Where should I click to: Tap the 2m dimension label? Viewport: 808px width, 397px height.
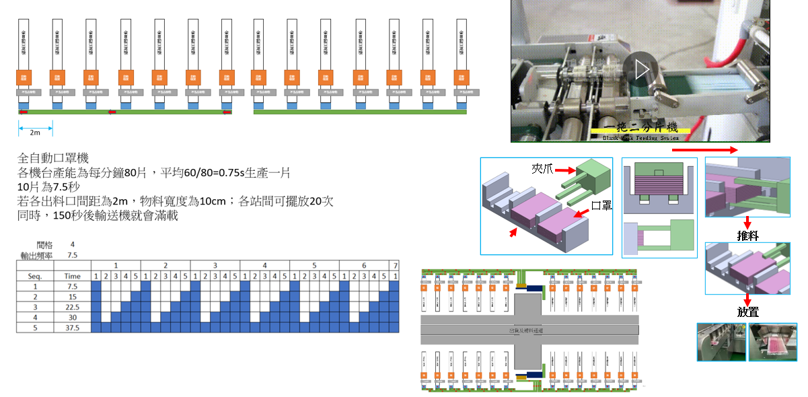(35, 133)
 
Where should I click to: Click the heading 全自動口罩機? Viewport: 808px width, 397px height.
(53, 159)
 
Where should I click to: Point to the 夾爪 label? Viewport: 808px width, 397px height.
(542, 169)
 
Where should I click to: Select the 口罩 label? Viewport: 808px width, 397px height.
(600, 205)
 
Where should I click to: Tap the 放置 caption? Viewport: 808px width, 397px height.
(747, 312)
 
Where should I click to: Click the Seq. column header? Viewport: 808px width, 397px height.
(35, 276)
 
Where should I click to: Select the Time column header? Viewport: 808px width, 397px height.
(72, 276)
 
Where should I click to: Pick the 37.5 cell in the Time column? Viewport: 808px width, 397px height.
(72, 328)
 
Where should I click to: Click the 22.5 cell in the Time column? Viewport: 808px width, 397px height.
(72, 307)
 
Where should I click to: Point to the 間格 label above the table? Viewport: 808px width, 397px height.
(44, 245)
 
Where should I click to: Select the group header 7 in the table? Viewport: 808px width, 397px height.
(396, 265)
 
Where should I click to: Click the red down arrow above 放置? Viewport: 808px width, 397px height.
(747, 298)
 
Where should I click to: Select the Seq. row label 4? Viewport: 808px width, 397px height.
(35, 318)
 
